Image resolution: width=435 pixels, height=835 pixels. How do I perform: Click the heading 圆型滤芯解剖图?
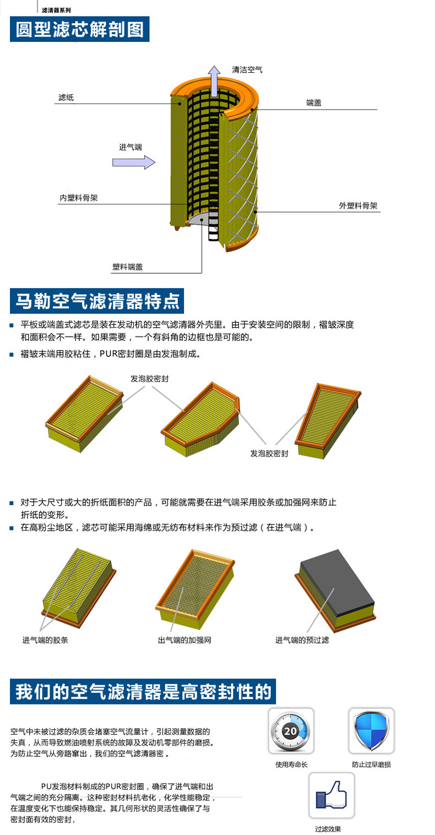point(80,29)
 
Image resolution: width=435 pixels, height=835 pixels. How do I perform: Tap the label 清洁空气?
point(247,70)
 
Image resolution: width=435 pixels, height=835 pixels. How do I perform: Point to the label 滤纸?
point(66,97)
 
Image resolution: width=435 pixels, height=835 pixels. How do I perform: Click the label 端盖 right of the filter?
point(314,102)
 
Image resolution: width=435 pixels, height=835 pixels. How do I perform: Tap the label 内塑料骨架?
point(79,198)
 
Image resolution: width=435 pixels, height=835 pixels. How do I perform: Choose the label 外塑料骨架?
point(358,206)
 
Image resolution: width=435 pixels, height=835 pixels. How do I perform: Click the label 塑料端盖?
point(128,267)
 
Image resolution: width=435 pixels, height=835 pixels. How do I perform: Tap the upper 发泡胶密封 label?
point(149,379)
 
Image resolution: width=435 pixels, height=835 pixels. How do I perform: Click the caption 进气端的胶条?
point(45,640)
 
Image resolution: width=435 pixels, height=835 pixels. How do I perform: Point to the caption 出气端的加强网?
point(184,640)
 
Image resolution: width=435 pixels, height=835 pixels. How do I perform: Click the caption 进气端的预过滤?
point(302,640)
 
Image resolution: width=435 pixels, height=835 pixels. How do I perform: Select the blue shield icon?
point(371,730)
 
